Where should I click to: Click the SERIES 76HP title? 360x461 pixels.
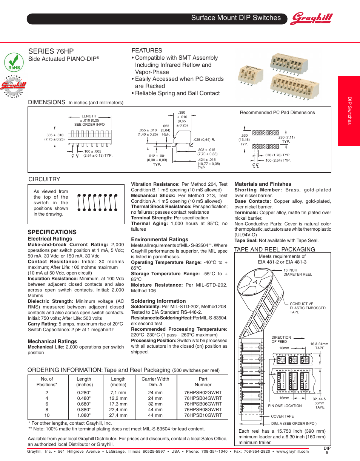click(x=51, y=51)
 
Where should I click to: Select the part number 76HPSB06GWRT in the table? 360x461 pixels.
click(x=203, y=404)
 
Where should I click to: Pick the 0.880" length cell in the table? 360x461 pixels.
click(x=84, y=410)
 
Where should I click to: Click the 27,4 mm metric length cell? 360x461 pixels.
click(x=118, y=415)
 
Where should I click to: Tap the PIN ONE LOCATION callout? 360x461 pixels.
click(x=285, y=406)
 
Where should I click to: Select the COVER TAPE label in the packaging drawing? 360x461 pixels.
click(x=282, y=416)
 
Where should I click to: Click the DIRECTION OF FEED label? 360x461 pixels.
click(x=281, y=339)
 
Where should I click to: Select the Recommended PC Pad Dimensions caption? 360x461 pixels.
click(x=277, y=113)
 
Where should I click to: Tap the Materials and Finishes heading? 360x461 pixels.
click(x=263, y=184)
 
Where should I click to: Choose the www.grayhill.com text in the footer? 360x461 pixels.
click(x=292, y=452)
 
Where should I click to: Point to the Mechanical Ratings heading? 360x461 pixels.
click(x=52, y=341)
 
